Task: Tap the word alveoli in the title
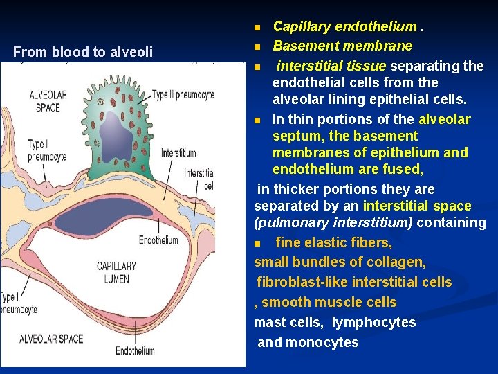[131, 52]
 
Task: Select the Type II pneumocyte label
[183, 95]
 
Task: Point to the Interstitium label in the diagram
[178, 153]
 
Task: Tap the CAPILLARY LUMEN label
[116, 271]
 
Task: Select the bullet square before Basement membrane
[256, 47]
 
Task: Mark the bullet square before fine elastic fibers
[258, 243]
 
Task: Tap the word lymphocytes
[374, 322]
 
